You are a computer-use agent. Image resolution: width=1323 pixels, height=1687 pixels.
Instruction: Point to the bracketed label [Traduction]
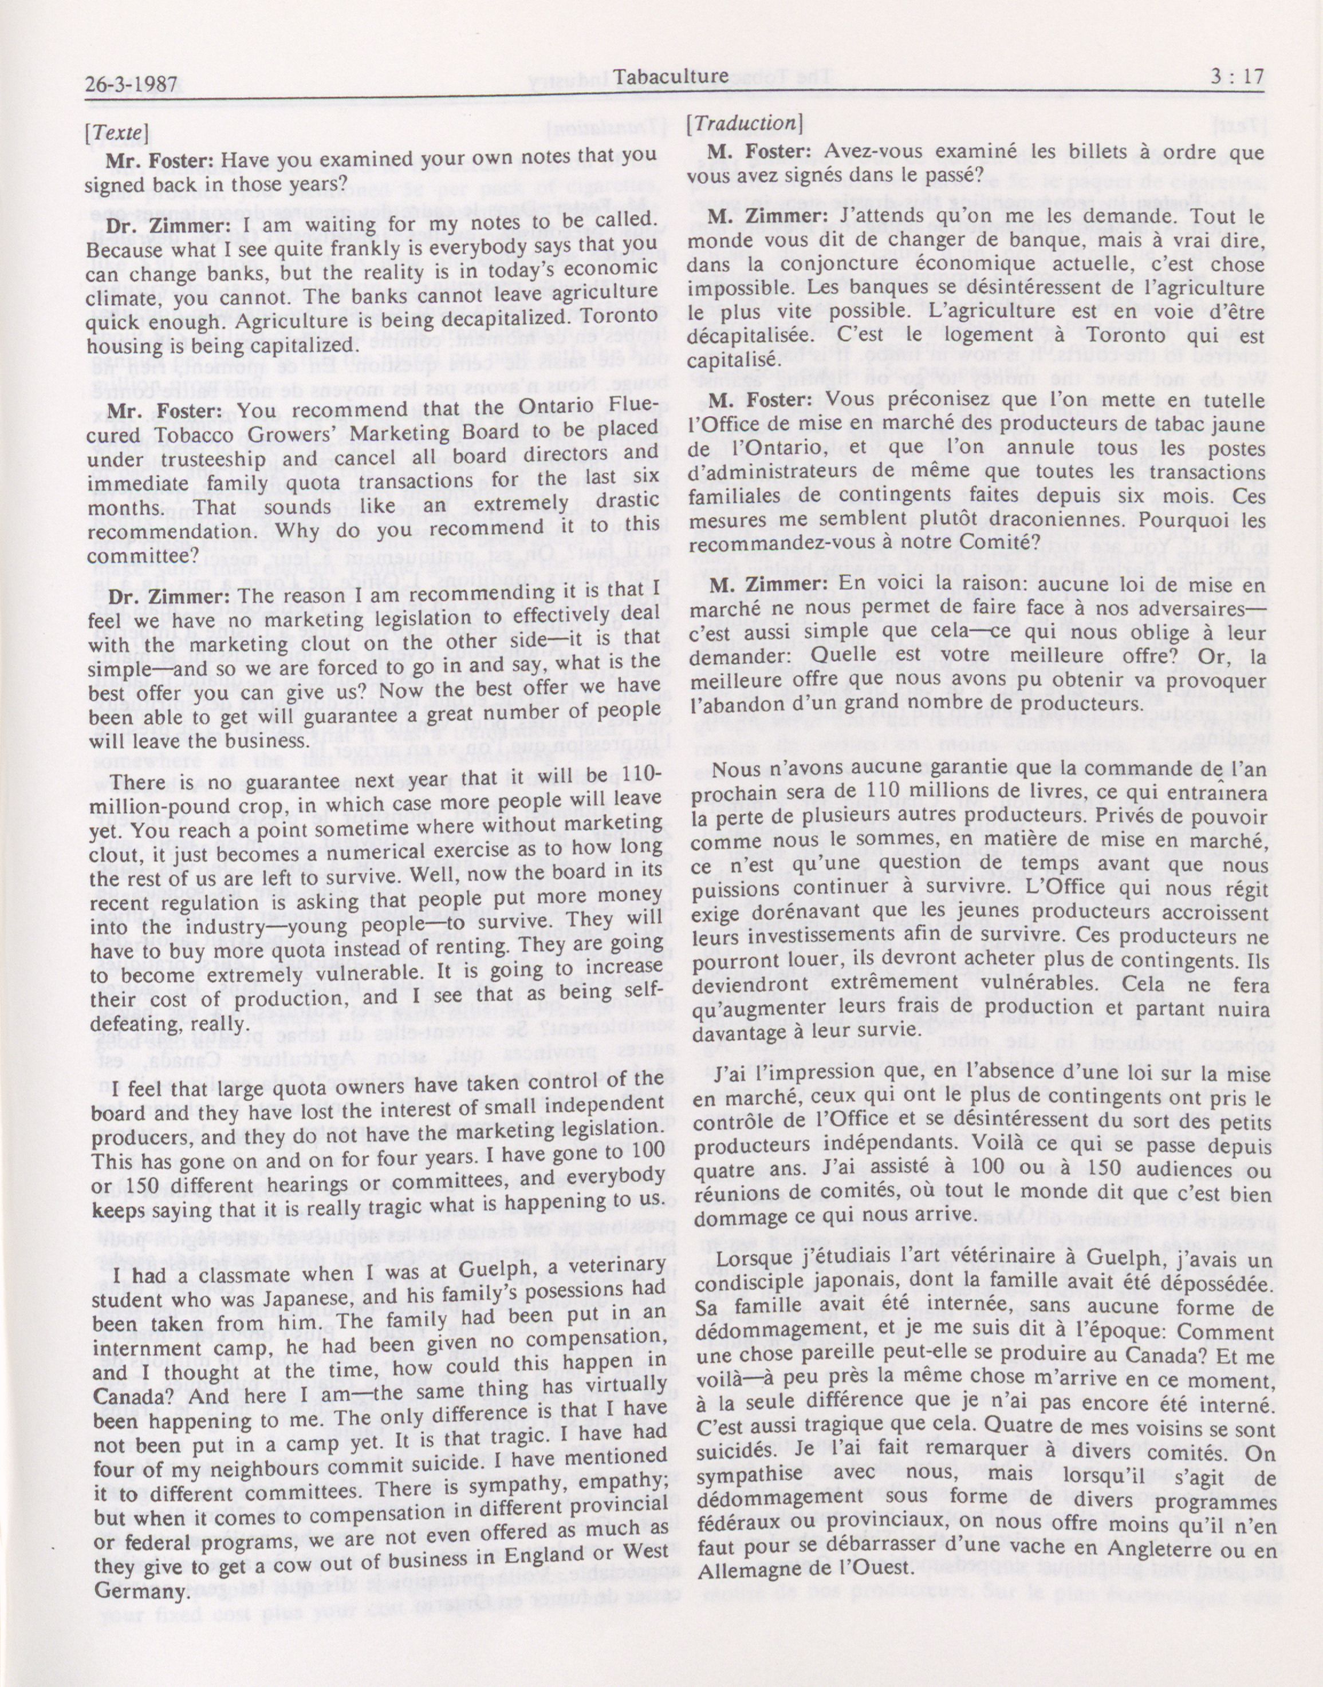pos(742,123)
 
